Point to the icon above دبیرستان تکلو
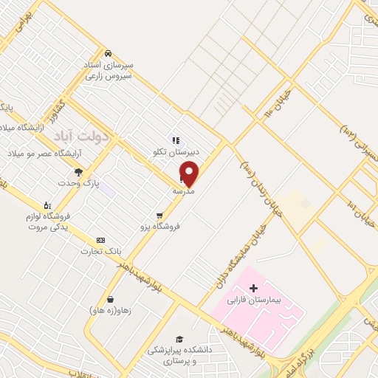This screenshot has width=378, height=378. coord(175,140)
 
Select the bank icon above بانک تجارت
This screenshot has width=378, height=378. coord(101,241)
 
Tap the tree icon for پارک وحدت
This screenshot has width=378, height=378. coord(79,172)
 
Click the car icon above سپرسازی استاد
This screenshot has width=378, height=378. coord(108,53)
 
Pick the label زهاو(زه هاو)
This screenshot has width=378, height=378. coord(110,311)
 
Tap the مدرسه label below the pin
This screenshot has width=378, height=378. coord(183,191)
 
